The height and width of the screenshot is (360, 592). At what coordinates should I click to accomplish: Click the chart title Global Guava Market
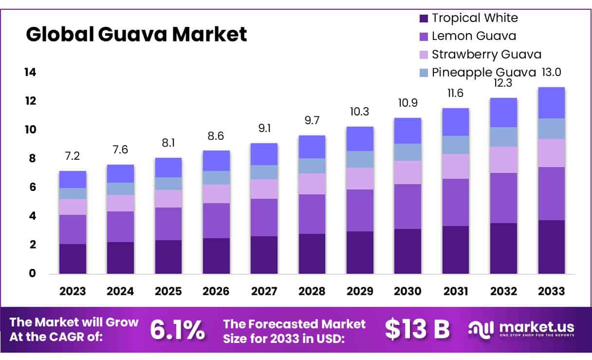[136, 35]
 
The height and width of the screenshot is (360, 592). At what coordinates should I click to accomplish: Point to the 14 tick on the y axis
[30, 73]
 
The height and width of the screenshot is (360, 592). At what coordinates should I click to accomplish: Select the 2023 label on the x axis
[73, 291]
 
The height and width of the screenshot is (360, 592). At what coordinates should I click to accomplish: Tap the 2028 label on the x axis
[312, 291]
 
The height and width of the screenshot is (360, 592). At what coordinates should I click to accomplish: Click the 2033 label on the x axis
[552, 291]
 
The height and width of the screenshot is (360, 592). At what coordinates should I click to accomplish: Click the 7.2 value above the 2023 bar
[73, 157]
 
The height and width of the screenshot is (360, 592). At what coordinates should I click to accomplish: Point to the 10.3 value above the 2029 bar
[360, 112]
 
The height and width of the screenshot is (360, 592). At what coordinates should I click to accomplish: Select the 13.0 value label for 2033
[552, 73]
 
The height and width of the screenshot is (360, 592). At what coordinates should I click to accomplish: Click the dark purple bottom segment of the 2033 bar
[552, 247]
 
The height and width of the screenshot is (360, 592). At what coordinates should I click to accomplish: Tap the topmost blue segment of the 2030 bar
[408, 131]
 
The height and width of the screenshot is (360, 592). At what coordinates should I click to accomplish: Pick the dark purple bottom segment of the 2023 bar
[73, 259]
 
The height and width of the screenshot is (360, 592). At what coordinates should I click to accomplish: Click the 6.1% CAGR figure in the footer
[177, 330]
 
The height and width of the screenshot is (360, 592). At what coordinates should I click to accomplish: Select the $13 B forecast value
[417, 330]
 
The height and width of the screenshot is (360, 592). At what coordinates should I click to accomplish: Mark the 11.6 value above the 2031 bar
[456, 93]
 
